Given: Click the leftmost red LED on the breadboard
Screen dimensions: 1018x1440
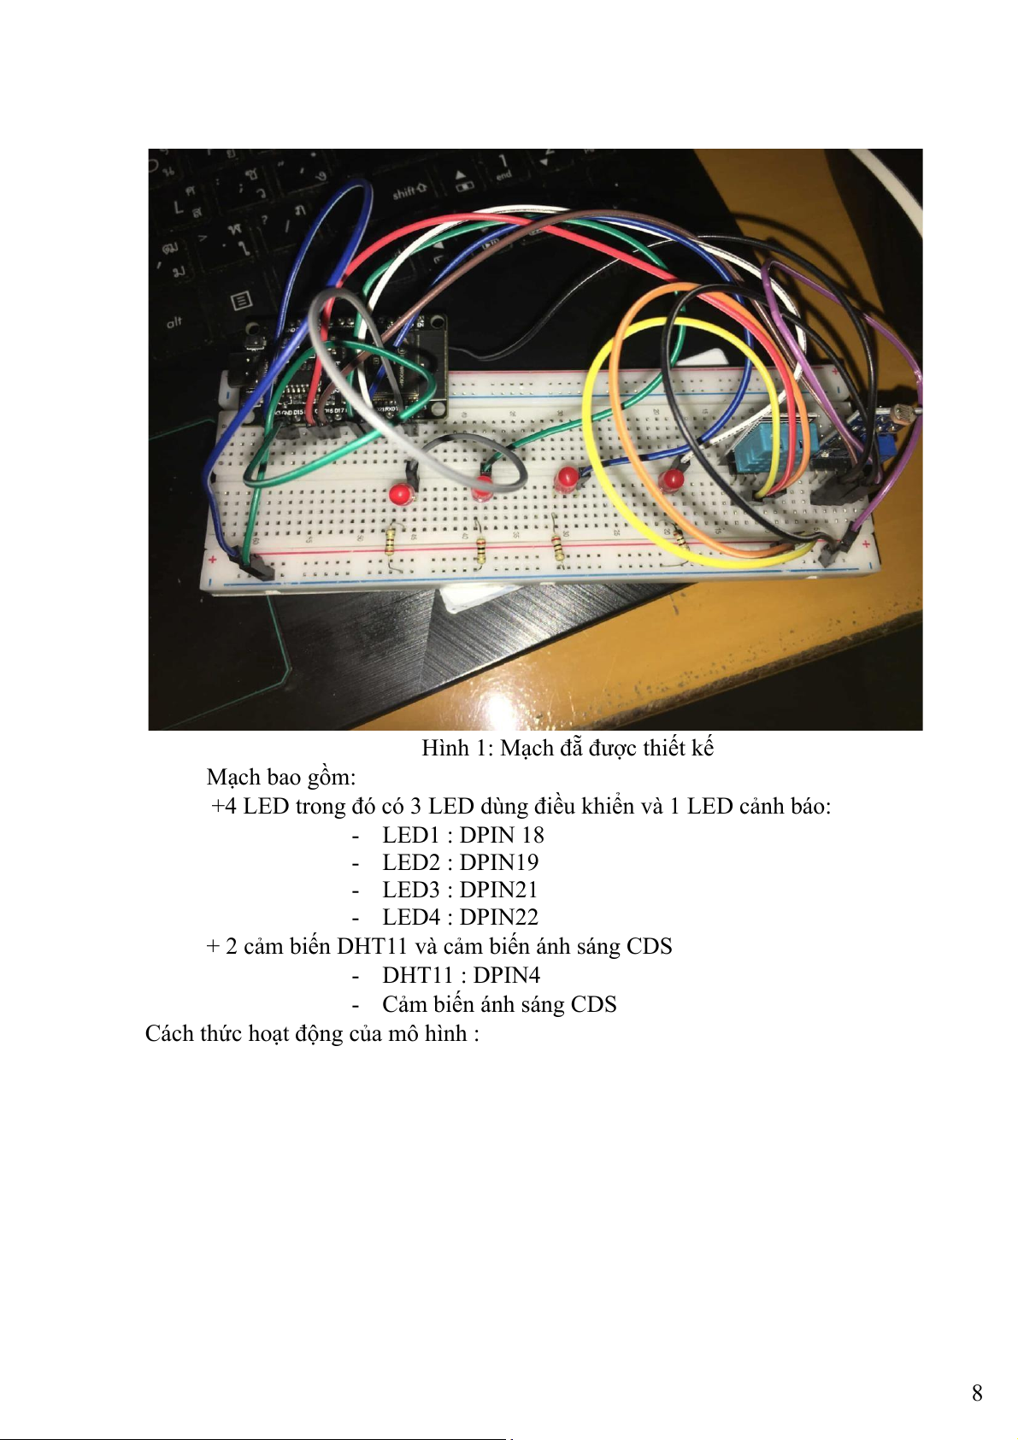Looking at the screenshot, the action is point(399,494).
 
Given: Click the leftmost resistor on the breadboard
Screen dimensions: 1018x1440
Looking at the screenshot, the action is point(391,544).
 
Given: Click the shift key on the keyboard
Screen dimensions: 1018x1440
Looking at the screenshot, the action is point(410,191).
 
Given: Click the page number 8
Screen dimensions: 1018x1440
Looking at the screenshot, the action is point(976,1392).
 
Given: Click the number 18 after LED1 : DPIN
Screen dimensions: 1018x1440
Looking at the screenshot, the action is point(533,834).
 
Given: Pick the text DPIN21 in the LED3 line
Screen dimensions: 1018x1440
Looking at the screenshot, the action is point(498,890).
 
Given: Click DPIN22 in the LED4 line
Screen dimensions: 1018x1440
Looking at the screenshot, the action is point(498,917).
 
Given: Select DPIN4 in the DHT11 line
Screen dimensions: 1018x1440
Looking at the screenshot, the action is point(506,975).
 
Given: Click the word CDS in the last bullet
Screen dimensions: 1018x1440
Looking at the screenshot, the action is point(593,1004).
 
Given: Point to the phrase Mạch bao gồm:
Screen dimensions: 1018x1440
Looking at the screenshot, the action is point(281,777).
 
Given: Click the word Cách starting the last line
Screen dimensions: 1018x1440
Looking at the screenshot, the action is point(169,1033).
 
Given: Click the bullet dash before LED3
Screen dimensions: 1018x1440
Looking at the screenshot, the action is point(356,891).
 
